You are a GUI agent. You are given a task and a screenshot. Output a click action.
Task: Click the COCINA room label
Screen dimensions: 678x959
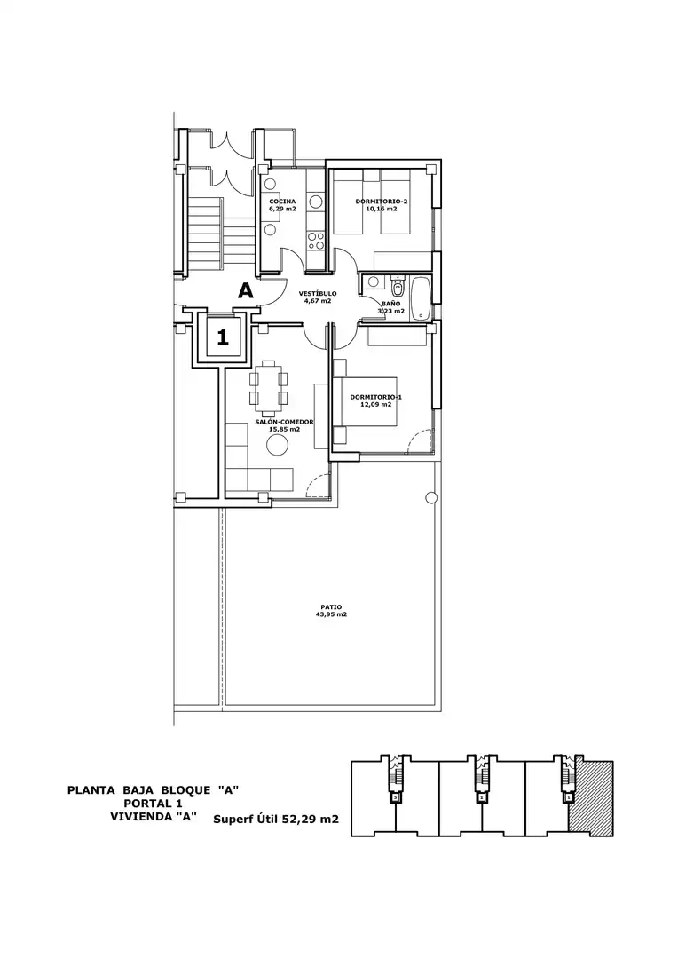[282, 202]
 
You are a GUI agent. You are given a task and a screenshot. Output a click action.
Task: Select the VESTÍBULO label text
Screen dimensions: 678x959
[318, 294]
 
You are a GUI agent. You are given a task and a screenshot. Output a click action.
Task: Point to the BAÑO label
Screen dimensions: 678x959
[391, 304]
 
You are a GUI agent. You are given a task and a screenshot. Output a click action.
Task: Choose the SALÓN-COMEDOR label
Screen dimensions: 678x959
[284, 422]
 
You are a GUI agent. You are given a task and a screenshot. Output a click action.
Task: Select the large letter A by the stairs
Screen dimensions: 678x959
[245, 290]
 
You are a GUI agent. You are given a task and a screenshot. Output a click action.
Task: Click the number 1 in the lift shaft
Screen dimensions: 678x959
[223, 337]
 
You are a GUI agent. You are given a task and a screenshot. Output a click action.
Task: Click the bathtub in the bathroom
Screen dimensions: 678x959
[422, 298]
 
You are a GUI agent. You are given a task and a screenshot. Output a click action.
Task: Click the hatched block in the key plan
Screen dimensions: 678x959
[590, 799]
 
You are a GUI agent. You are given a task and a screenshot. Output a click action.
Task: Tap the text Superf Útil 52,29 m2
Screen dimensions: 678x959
[276, 820]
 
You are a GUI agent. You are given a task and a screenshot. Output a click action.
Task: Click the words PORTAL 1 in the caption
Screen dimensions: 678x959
[153, 803]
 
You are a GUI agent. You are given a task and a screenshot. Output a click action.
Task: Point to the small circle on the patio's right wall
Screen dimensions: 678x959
[430, 497]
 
